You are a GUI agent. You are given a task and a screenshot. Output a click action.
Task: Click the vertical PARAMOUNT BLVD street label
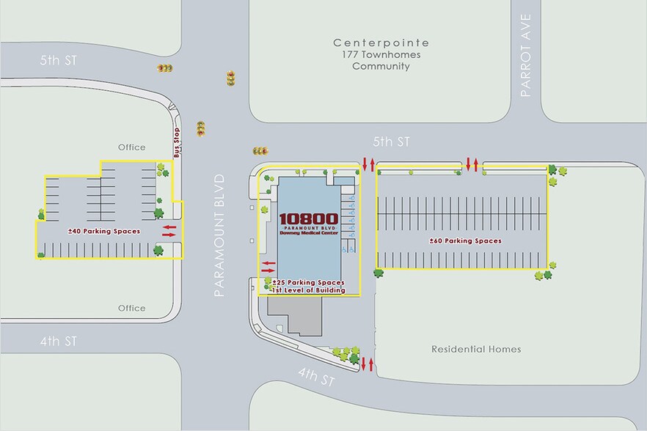(219, 235)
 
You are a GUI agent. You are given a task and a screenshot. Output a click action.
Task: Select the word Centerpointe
(380, 43)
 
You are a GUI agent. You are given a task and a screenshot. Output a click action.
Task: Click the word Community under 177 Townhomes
(380, 67)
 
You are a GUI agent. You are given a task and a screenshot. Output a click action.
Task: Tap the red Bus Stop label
(177, 142)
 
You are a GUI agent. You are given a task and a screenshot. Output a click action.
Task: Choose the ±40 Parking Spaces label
(103, 231)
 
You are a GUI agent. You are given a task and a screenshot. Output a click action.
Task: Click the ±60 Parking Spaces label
(465, 240)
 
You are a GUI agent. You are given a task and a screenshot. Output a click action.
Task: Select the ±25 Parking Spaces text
(308, 282)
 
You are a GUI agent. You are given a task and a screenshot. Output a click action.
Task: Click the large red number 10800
(308, 218)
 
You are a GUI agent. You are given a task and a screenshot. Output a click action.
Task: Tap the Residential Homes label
(476, 349)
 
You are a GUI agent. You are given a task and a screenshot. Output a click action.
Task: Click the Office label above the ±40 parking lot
(132, 147)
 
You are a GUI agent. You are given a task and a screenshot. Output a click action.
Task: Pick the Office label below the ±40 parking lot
(132, 308)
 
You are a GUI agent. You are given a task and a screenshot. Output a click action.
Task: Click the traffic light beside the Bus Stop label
(200, 129)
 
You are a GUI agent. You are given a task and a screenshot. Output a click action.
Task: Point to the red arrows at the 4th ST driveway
(368, 362)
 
